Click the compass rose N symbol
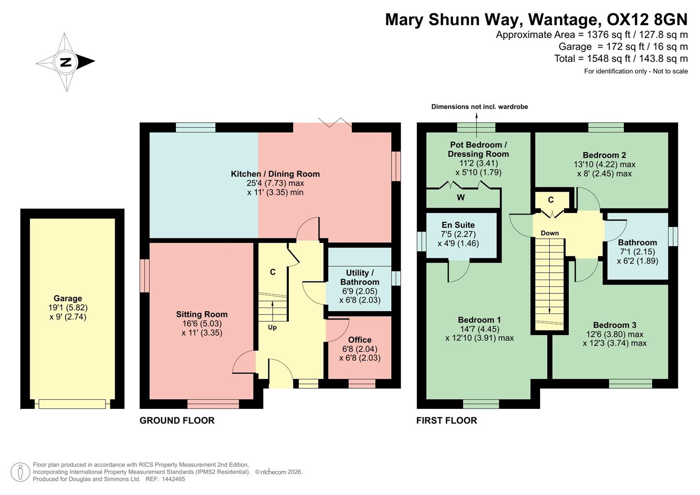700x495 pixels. click(66, 62)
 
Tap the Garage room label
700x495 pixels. click(68, 298)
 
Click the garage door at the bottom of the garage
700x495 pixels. click(72, 404)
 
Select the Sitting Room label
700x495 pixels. click(202, 314)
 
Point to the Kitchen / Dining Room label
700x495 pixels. click(275, 174)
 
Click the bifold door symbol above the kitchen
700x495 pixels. click(335, 122)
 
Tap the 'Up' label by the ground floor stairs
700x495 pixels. click(272, 327)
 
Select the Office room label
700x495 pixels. click(360, 340)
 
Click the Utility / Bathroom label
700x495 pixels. click(360, 277)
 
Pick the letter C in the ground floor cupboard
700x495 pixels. click(273, 272)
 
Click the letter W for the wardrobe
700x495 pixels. click(461, 198)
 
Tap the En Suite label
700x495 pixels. click(458, 225)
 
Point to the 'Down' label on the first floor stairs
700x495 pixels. click(550, 233)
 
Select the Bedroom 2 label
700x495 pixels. click(604, 155)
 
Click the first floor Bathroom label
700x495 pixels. click(637, 242)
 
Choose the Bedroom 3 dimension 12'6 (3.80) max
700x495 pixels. click(615, 334)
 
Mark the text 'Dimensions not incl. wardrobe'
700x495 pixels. click(480, 107)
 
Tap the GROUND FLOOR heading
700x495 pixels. click(177, 420)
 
